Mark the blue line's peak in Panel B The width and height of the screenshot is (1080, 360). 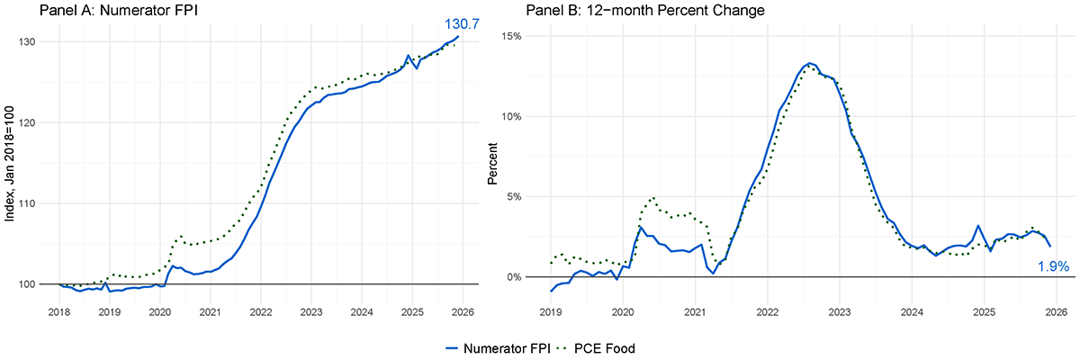(x=810, y=63)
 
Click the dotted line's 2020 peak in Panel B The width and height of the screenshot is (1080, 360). (x=652, y=197)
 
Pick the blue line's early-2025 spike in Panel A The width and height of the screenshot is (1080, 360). (x=409, y=56)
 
